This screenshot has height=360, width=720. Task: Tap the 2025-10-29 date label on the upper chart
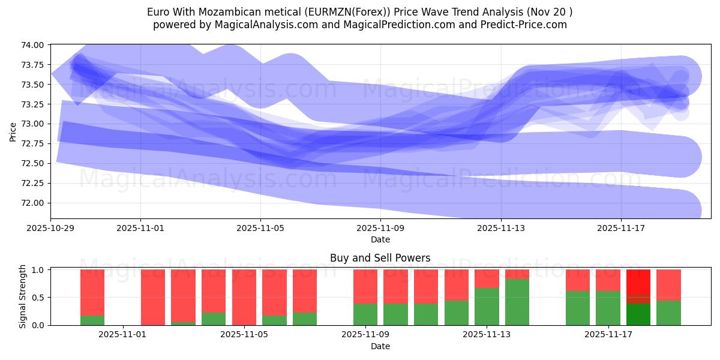pyautogui.click(x=50, y=228)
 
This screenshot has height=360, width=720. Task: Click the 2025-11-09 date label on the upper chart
pyautogui.click(x=380, y=228)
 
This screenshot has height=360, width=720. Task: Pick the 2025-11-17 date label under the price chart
pyautogui.click(x=620, y=228)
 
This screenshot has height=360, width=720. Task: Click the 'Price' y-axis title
pyautogui.click(x=13, y=131)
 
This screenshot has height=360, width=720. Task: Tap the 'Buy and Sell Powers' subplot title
pyautogui.click(x=380, y=259)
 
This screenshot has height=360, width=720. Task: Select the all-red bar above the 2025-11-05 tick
pyautogui.click(x=244, y=297)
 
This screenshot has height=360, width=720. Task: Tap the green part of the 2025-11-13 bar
pyautogui.click(x=487, y=307)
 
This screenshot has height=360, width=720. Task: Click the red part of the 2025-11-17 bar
pyautogui.click(x=608, y=280)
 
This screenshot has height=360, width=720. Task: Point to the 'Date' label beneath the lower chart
pyautogui.click(x=380, y=346)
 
